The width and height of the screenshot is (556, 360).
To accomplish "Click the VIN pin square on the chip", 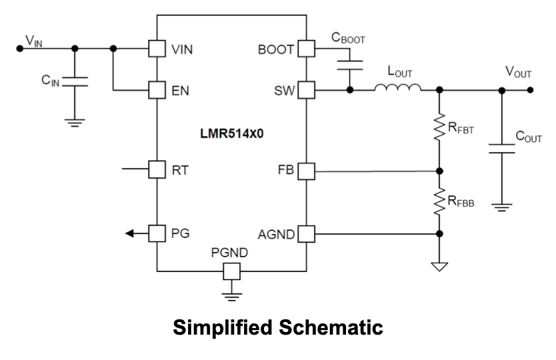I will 156,49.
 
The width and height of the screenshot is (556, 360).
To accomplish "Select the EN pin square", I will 156,89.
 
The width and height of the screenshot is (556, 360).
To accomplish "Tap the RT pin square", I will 156,170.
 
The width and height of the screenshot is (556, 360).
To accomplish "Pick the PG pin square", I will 156,233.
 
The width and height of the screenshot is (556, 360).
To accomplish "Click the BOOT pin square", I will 306,49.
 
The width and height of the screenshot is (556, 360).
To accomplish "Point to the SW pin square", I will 306,89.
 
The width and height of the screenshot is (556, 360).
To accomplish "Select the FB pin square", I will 306,171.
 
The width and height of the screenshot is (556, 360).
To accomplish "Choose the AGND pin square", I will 306,233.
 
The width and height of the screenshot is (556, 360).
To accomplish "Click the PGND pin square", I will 231,271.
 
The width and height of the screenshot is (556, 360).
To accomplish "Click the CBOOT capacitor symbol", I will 349,64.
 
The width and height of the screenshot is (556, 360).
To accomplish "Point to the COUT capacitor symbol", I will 501,148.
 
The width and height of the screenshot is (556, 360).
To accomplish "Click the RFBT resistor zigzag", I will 439,127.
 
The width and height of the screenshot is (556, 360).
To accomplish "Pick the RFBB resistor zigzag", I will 439,201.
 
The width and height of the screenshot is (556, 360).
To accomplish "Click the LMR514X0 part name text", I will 231,133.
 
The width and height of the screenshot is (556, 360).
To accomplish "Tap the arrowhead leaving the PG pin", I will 129,233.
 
